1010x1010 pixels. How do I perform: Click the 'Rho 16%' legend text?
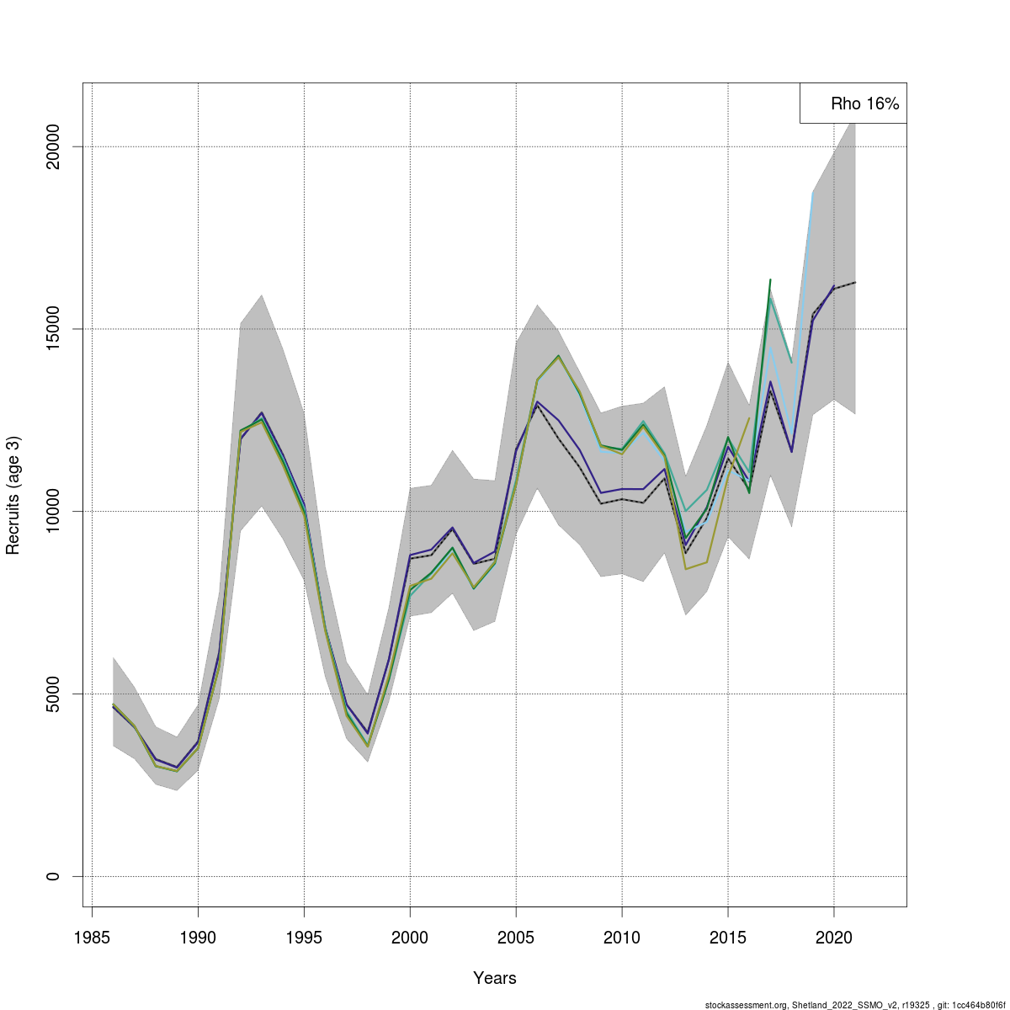(x=864, y=104)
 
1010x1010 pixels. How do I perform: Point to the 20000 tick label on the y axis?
(x=52, y=146)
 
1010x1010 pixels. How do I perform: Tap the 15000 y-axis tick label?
(x=52, y=329)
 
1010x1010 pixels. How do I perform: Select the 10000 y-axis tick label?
(x=52, y=511)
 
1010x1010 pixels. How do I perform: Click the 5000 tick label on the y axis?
(x=52, y=694)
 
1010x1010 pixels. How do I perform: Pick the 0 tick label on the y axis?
(x=52, y=876)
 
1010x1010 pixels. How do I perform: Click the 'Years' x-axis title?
(x=495, y=978)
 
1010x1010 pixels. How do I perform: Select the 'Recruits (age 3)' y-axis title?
(x=13, y=495)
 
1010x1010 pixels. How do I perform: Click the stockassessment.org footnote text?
(x=855, y=1005)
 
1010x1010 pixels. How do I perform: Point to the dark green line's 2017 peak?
(x=770, y=279)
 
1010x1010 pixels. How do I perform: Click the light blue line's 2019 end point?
(x=813, y=194)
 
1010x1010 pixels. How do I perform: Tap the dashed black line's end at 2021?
(x=855, y=282)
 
